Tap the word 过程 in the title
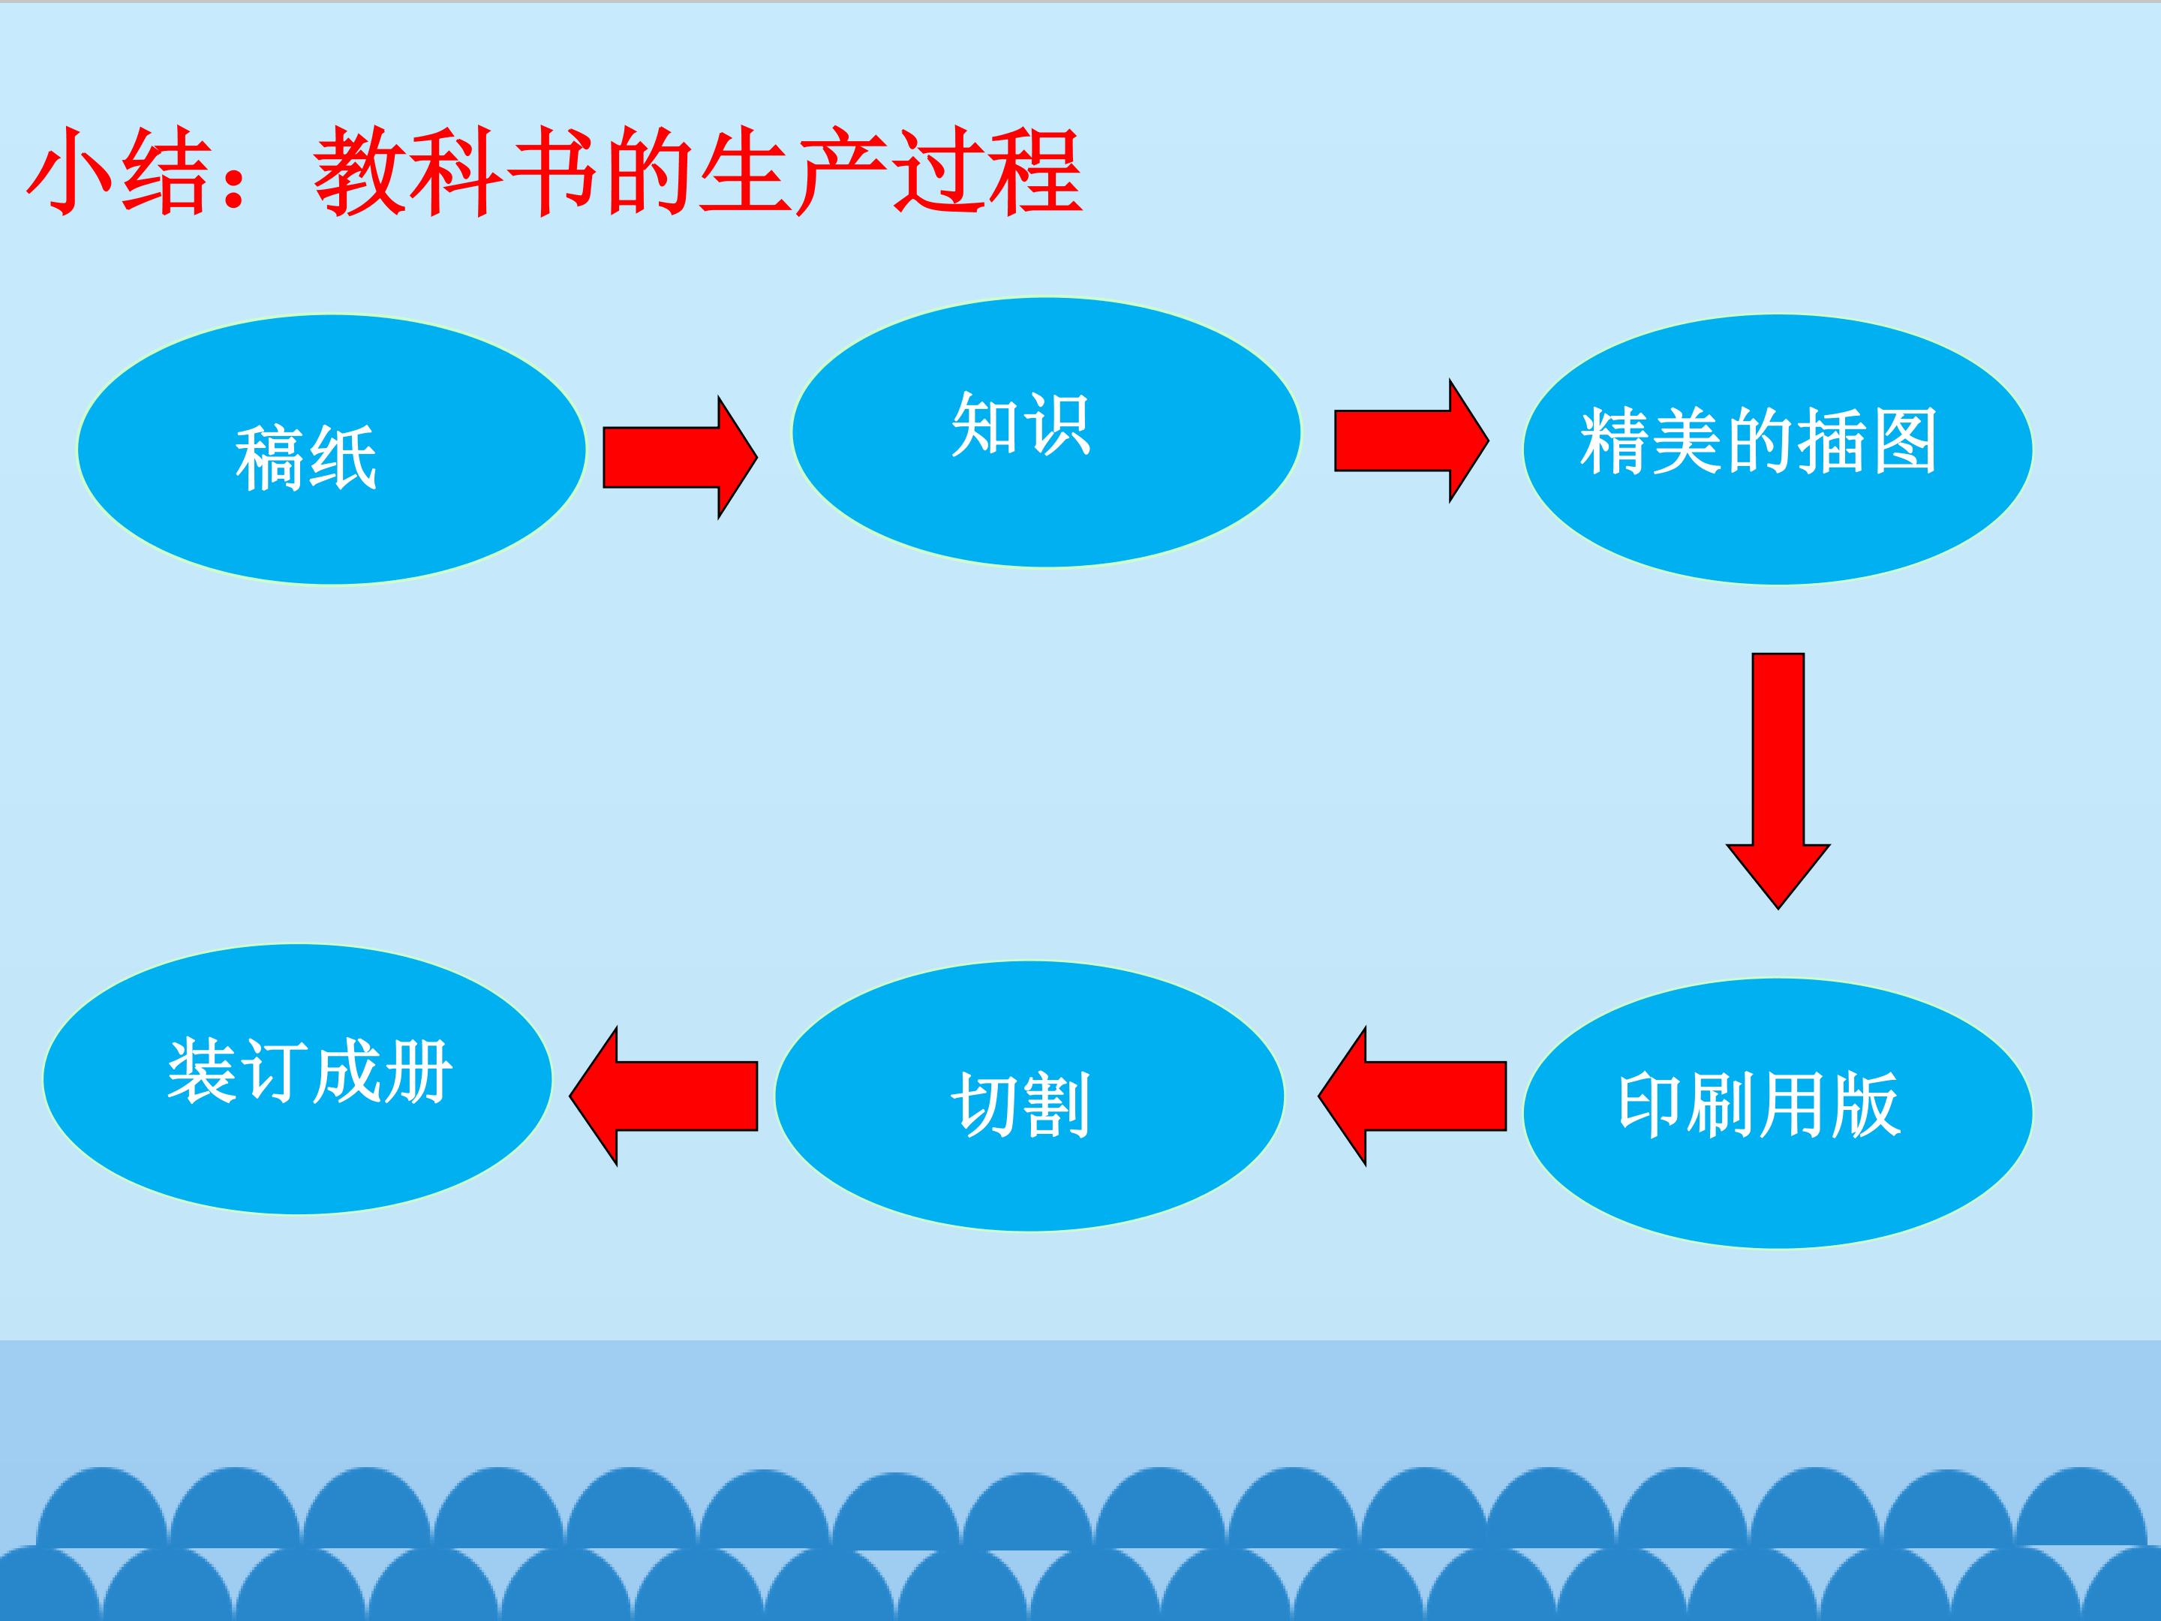987,172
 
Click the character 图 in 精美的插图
1904,441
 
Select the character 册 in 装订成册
417,1071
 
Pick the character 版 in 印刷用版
1866,1105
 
